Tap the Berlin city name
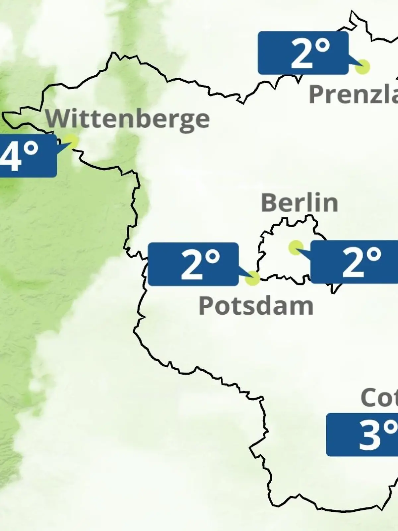[299, 202]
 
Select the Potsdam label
[256, 306]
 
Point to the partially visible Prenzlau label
[353, 94]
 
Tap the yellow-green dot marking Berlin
[296, 248]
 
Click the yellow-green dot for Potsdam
[252, 278]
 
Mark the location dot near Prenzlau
[362, 67]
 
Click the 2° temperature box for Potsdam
[193, 264]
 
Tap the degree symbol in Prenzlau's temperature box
[322, 46]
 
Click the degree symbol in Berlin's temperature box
[374, 255]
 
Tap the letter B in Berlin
[270, 202]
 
